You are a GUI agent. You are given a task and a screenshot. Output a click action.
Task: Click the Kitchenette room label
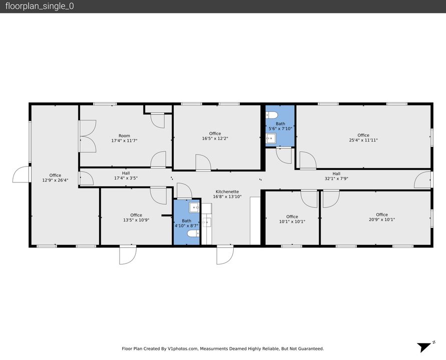pos(227,192)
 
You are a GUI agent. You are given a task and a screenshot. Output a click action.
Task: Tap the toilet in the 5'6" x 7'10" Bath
pos(272,115)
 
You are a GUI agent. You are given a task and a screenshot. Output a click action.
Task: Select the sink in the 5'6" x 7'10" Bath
pos(271,138)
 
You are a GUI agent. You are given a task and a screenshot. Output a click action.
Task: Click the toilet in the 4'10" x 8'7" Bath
pos(193,233)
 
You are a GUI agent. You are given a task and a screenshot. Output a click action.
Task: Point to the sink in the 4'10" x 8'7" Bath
pos(194,207)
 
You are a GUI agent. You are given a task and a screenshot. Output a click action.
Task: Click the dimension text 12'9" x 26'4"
pos(55,180)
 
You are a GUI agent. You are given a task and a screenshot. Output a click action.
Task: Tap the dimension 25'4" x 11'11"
pos(363,140)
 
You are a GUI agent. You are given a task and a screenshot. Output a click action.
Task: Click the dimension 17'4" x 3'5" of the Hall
pos(126,178)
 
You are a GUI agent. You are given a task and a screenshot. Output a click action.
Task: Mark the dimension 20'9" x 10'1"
pos(382,219)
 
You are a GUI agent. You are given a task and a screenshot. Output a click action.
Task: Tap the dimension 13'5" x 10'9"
pos(136,220)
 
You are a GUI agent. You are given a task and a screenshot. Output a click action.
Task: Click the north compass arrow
pos(424,347)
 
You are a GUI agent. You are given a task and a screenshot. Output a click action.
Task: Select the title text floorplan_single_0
pos(40,6)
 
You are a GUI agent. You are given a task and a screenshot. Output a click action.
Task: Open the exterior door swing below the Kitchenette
pos(225,255)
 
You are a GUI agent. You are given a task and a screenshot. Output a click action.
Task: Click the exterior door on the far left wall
pos(22,174)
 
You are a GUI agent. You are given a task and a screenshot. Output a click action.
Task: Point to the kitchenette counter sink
pos(207,222)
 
